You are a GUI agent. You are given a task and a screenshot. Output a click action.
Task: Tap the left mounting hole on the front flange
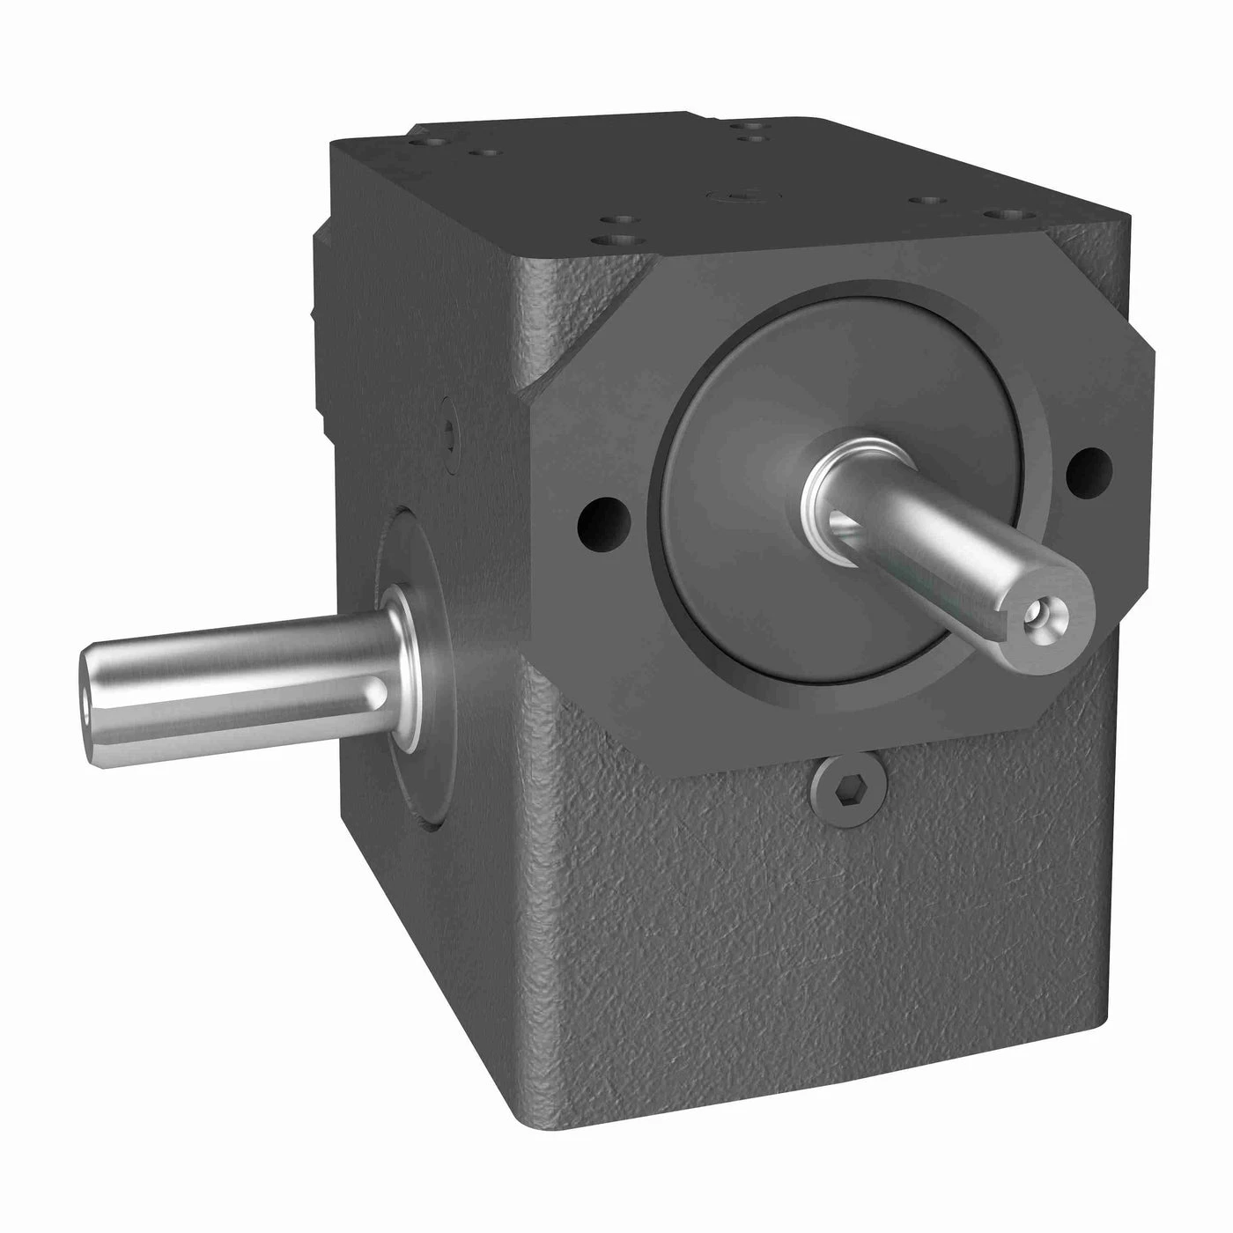click(602, 519)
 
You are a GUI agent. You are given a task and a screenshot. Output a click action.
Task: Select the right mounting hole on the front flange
click(1088, 468)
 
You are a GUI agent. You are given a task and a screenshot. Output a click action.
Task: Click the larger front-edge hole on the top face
click(608, 238)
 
